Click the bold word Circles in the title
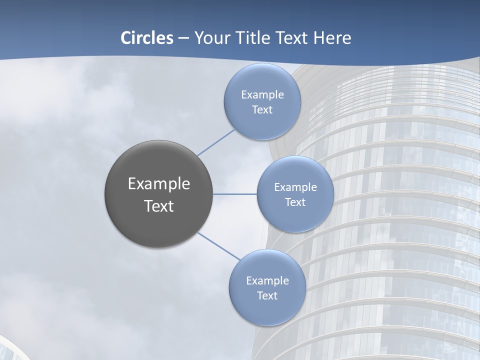pos(146,38)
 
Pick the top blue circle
pos(262,122)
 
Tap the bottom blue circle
pos(267,310)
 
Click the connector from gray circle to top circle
pos(216,142)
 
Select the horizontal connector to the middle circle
pos(235,193)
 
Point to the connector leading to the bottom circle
pos(218,246)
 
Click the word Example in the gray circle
pos(159,184)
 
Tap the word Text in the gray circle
pos(159,206)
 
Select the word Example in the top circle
pos(262,94)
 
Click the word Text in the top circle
pos(262,109)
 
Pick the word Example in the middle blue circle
pos(295,187)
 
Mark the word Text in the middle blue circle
pos(295,202)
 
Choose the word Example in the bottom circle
pos(267,280)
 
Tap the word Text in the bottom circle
pos(267,295)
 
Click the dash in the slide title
pos(183,38)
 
